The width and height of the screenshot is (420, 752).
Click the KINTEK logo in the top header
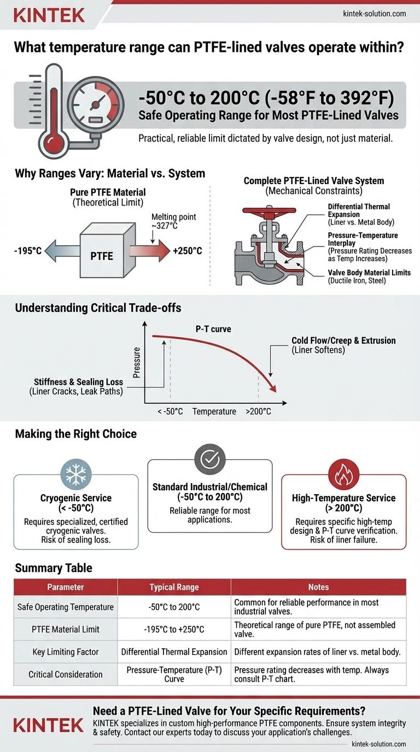pyautogui.click(x=49, y=14)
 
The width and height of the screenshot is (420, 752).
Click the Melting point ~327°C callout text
pyautogui.click(x=173, y=221)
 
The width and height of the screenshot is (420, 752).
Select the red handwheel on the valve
pyautogui.click(x=269, y=210)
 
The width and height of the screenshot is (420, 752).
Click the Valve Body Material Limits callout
pyautogui.click(x=369, y=277)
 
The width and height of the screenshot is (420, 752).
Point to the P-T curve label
pyautogui.click(x=214, y=330)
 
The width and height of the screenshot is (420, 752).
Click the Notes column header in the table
pyautogui.click(x=318, y=587)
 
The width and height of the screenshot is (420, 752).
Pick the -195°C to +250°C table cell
pyautogui.click(x=174, y=629)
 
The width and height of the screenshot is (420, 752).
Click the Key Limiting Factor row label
pyautogui.click(x=66, y=651)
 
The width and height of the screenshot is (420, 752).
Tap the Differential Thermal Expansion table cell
pyautogui.click(x=174, y=651)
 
